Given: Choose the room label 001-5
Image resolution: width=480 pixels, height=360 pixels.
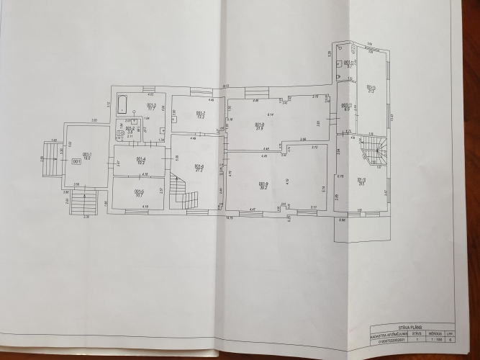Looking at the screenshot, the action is tap(140, 191).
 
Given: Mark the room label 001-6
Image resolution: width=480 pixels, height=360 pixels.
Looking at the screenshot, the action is tap(199, 166).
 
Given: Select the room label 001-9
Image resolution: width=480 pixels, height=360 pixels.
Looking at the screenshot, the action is tap(263, 184).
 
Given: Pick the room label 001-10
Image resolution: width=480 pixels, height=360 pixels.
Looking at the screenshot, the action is tap(361, 179).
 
